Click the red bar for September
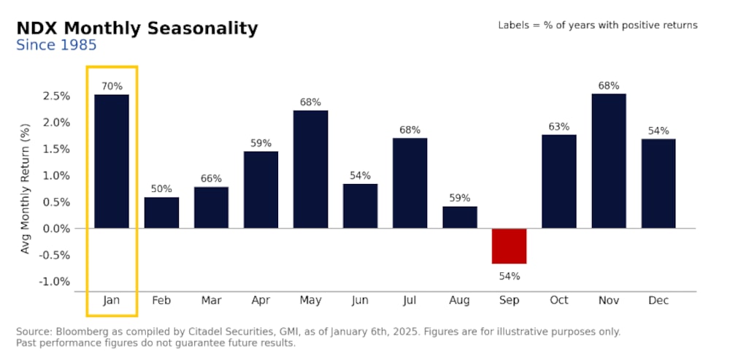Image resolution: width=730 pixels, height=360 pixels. (x=509, y=245)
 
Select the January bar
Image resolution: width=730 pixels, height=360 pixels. (x=112, y=161)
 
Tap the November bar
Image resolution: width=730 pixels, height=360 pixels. (x=608, y=161)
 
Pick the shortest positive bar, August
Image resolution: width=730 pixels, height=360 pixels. (x=459, y=218)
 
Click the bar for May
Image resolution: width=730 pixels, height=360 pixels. (x=310, y=169)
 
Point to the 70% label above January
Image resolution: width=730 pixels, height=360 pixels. (x=112, y=86)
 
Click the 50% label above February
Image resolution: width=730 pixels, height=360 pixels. (x=161, y=189)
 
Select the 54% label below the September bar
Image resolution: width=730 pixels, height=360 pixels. (x=509, y=276)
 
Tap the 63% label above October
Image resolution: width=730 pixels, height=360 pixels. (x=558, y=126)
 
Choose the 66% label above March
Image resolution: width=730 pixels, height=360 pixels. (x=211, y=178)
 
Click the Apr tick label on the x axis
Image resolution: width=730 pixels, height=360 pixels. (x=261, y=301)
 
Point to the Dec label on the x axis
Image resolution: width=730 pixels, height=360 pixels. (x=658, y=301)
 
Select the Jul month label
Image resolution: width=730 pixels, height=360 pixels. (x=410, y=301)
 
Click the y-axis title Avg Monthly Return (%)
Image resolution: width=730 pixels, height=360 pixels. (x=26, y=188)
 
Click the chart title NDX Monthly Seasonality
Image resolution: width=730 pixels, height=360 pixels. (x=137, y=28)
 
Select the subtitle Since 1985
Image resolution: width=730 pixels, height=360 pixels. (x=56, y=45)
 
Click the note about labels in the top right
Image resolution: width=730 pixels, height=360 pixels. (x=597, y=25)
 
